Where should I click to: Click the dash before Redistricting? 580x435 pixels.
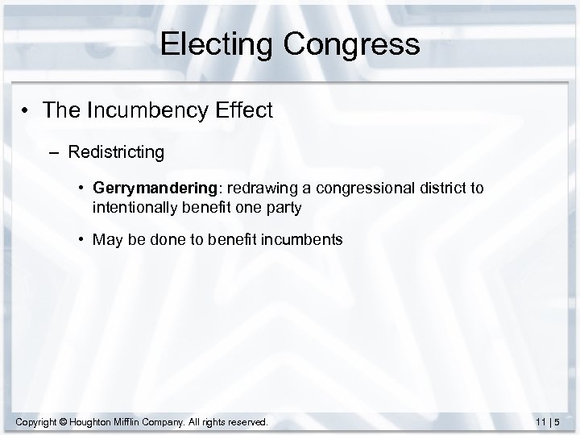coord(54,151)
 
